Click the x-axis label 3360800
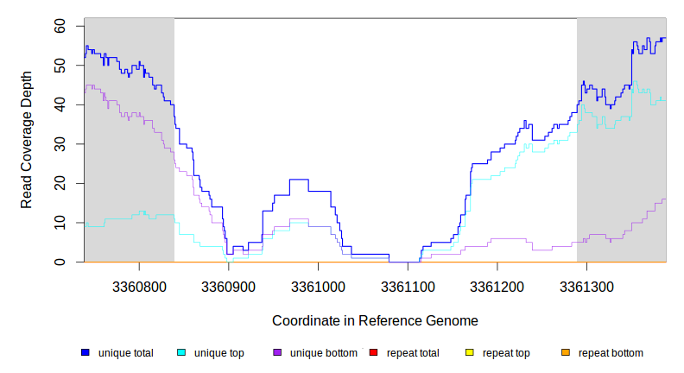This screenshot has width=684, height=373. point(139,286)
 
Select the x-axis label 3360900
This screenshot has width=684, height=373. point(229,286)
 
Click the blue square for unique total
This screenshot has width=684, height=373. point(85,352)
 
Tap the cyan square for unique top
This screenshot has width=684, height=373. point(181,352)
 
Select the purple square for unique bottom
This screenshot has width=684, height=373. point(277,352)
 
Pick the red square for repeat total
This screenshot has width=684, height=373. point(373,352)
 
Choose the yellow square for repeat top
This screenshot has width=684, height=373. point(469,352)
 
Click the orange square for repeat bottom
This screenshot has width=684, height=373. point(565,352)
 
